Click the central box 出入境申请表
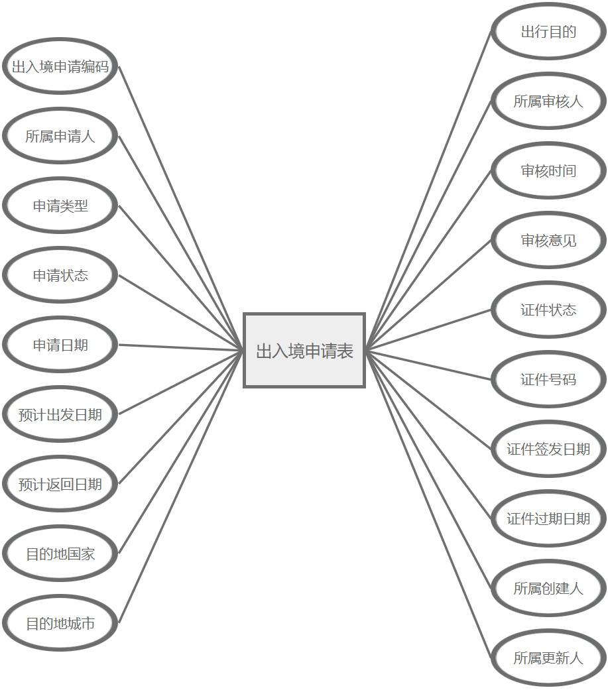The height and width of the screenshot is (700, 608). [304, 351]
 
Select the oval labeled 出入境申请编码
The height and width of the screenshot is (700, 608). [60, 66]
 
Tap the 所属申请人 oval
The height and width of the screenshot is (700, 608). [60, 136]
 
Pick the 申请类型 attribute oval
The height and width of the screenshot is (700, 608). [60, 205]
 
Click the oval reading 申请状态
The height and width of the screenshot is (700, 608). [60, 275]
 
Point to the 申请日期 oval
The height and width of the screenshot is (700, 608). [60, 345]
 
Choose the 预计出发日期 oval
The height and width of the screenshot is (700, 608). [60, 414]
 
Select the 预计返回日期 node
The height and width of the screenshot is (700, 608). [60, 484]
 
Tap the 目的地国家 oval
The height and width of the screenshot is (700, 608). [60, 554]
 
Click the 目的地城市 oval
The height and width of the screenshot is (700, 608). [60, 623]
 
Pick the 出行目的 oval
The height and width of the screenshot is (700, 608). [548, 31]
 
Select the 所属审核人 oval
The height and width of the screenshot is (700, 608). [548, 101]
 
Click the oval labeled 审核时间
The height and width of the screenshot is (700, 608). [548, 170]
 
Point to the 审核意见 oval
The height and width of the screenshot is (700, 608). [548, 240]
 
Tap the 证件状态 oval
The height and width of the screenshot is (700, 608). [548, 310]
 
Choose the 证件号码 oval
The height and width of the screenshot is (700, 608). [548, 379]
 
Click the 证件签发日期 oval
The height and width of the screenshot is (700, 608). [548, 449]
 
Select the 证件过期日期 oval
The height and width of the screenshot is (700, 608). [548, 518]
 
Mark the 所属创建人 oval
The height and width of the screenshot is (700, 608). [548, 588]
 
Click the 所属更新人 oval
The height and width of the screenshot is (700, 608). [548, 658]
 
